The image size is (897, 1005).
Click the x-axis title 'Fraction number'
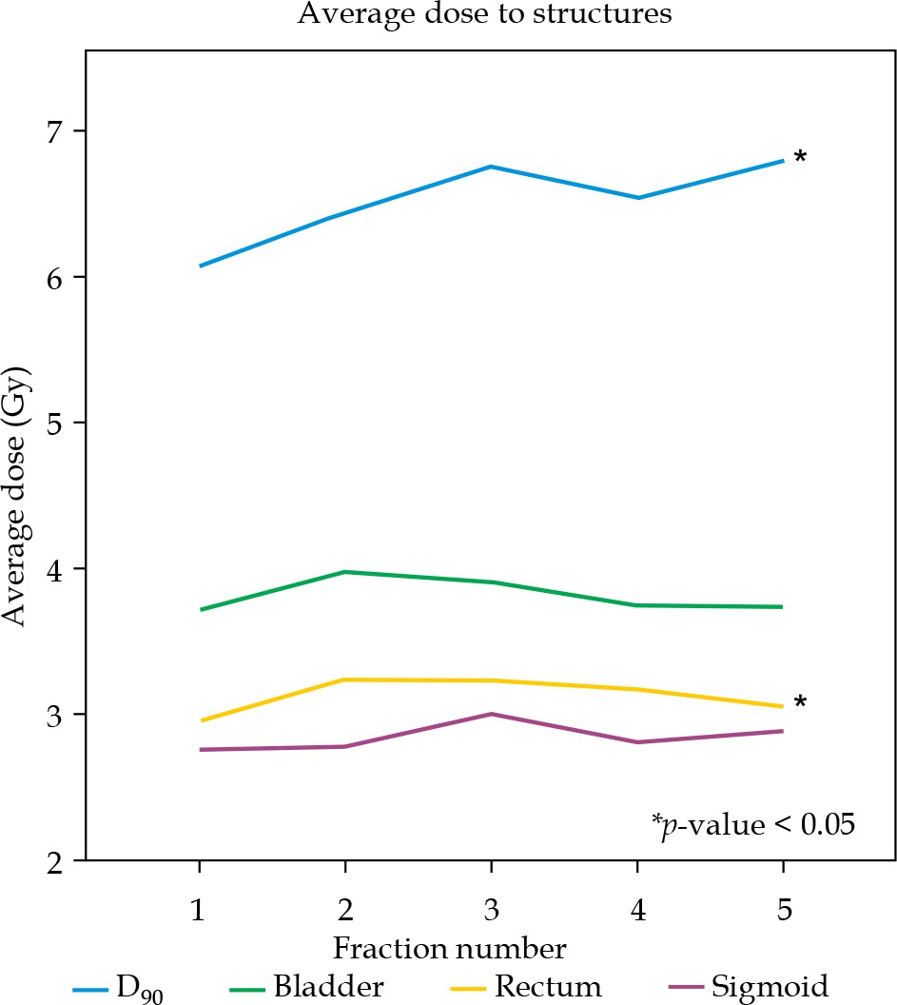[450, 949]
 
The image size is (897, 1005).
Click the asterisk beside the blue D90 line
[800, 157]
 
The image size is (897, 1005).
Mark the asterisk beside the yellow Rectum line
[800, 702]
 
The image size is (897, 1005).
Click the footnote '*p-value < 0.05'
[753, 824]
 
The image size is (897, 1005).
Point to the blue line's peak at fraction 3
[490, 167]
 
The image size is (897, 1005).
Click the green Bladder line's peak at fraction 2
[344, 572]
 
